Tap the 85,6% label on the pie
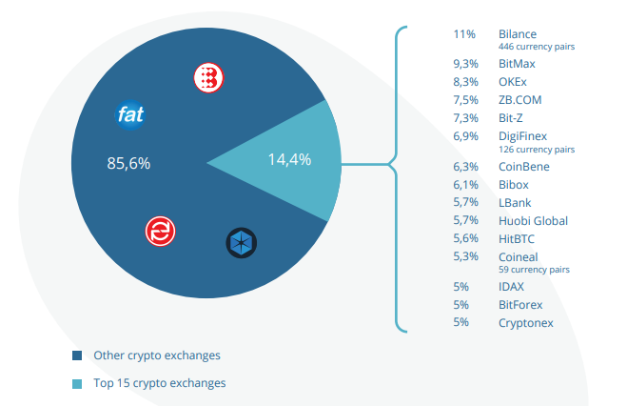128,164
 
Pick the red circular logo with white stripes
160,231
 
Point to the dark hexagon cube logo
241,243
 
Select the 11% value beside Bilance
463,34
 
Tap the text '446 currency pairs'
536,46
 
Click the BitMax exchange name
518,64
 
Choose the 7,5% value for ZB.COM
463,100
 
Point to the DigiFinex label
522,137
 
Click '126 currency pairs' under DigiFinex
536,149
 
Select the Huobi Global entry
533,221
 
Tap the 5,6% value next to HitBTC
463,239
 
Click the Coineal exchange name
518,257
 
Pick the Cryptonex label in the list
525,323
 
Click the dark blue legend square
78,355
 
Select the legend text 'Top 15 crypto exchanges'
159,383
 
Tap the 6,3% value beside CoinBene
463,167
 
